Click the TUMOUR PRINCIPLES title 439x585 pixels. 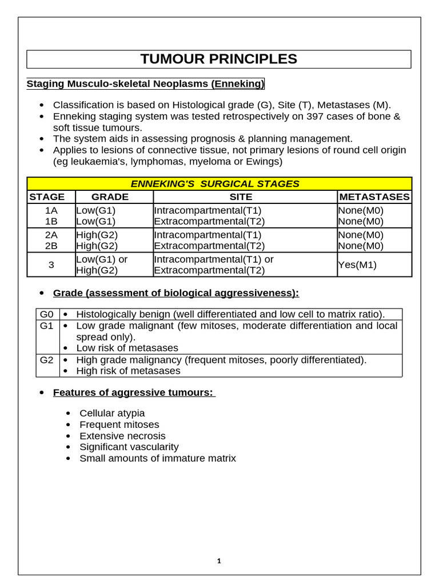[219, 59]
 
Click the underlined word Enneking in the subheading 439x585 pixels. [238, 85]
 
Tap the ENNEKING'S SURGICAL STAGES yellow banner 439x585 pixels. [219, 184]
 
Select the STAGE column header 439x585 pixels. [47, 197]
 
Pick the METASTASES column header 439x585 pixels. [374, 197]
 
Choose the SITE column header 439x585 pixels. [245, 197]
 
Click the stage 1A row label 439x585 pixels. [51, 210]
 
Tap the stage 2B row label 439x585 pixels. [51, 246]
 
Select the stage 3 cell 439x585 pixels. [51, 265]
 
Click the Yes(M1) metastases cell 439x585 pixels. [357, 265]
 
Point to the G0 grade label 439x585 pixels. [46, 314]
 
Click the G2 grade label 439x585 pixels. [46, 360]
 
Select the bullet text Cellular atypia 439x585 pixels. [112, 413]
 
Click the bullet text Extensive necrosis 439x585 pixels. [122, 436]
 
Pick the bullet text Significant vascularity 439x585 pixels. [129, 447]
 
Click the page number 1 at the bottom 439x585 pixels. [219, 561]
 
